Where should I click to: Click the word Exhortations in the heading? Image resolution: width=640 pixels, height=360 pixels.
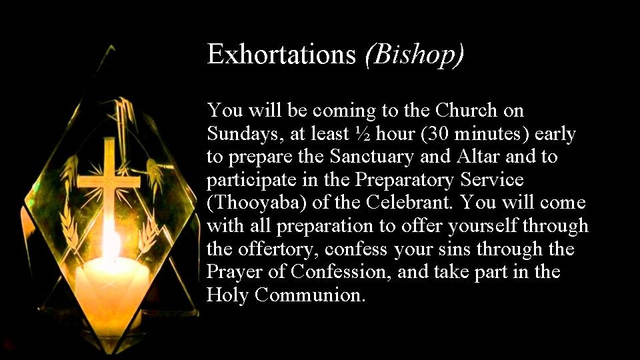tap(281, 55)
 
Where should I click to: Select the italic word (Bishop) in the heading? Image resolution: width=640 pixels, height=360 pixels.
tap(414, 55)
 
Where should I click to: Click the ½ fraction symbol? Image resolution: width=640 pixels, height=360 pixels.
tap(363, 134)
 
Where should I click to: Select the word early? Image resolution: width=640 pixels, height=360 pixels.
tap(555, 134)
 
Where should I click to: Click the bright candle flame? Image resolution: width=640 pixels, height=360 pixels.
tap(111, 245)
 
